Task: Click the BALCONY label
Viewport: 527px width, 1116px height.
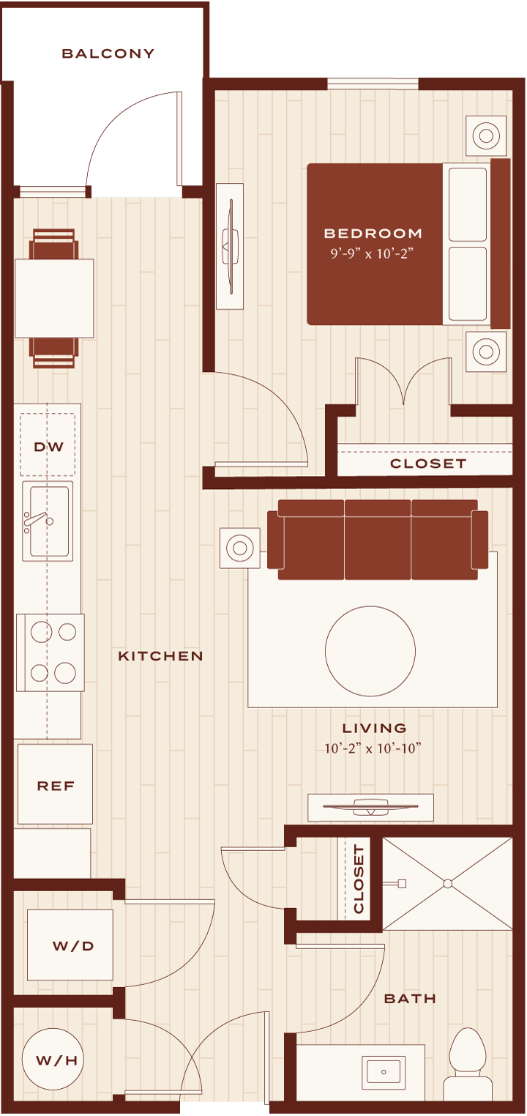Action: pyautogui.click(x=108, y=53)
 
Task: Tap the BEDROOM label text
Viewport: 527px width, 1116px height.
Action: pyautogui.click(x=373, y=233)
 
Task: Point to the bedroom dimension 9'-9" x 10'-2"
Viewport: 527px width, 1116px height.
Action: pyautogui.click(x=372, y=253)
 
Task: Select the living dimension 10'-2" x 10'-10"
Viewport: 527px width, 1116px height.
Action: pyautogui.click(x=373, y=748)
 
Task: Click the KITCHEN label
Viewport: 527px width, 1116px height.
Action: pyautogui.click(x=160, y=656)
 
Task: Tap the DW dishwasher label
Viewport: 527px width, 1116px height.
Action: pyautogui.click(x=48, y=447)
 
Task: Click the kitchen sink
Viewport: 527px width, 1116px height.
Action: pyautogui.click(x=48, y=521)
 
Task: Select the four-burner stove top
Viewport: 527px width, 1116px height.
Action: pyautogui.click(x=51, y=652)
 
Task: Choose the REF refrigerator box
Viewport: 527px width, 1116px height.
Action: pyautogui.click(x=56, y=784)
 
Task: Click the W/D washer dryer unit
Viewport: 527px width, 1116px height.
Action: pyautogui.click(x=70, y=945)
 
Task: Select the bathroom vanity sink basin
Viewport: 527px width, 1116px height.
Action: pyautogui.click(x=383, y=1072)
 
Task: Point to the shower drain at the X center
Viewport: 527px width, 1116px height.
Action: pyautogui.click(x=447, y=884)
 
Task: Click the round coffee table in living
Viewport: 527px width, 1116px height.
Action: pyautogui.click(x=370, y=651)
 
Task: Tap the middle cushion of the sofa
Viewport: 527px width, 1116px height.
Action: pyautogui.click(x=378, y=540)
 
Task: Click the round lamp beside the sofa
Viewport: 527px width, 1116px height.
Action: pyautogui.click(x=239, y=548)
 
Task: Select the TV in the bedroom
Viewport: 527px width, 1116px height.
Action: pyautogui.click(x=230, y=247)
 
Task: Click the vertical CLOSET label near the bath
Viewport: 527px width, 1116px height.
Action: pyautogui.click(x=359, y=879)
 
